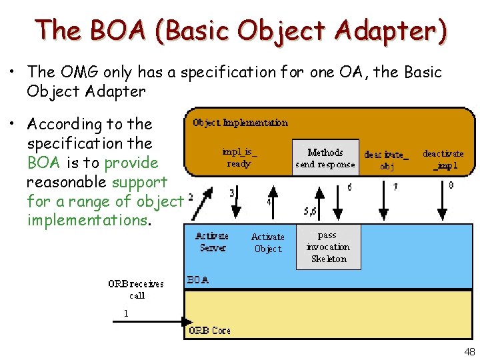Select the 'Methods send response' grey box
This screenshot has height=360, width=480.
pyautogui.click(x=325, y=158)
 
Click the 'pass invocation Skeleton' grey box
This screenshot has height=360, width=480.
pyautogui.click(x=328, y=247)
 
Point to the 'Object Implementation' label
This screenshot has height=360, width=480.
pyautogui.click(x=240, y=123)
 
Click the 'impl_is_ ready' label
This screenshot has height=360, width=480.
pyautogui.click(x=240, y=157)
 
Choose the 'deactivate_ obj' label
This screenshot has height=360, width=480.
pyautogui.click(x=387, y=160)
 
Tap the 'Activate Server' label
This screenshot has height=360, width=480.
pyautogui.click(x=213, y=242)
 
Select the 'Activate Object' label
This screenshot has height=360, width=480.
pyautogui.click(x=268, y=243)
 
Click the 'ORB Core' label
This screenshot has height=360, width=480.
pyautogui.click(x=209, y=331)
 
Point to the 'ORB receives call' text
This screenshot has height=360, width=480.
pyautogui.click(x=136, y=289)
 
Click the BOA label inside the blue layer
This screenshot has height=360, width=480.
pyautogui.click(x=198, y=281)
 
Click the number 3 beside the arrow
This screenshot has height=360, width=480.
pyautogui.click(x=231, y=193)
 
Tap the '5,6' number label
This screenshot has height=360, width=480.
pyautogui.click(x=310, y=211)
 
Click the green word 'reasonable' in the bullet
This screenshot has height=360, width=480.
pyautogui.click(x=67, y=181)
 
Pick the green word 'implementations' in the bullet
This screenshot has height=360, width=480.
pyautogui.click(x=87, y=220)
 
